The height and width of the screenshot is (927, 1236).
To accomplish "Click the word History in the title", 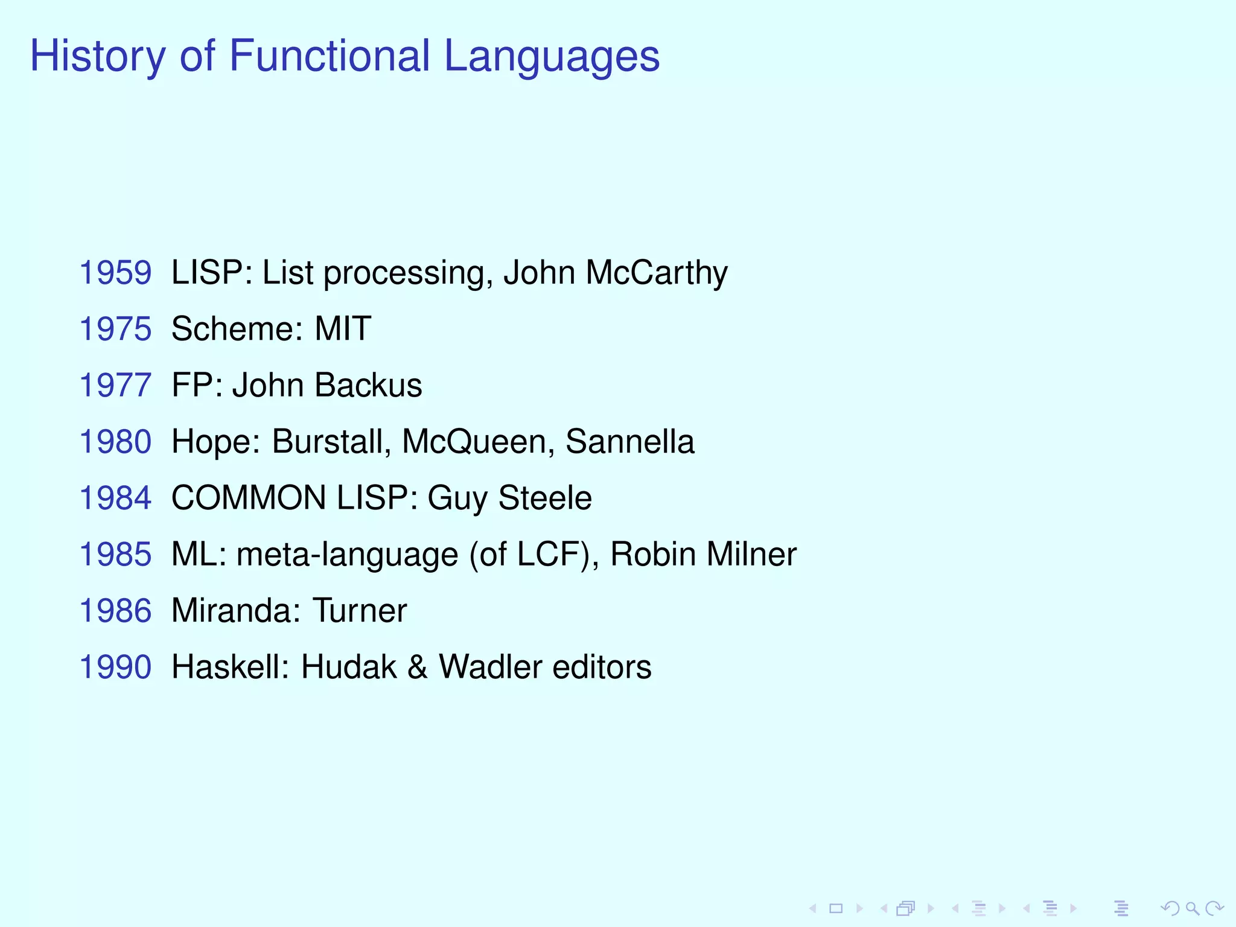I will pyautogui.click(x=97, y=56).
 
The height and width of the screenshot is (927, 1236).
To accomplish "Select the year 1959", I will pyautogui.click(x=115, y=273).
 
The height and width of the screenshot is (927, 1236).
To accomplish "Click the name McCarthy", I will pyautogui.click(x=657, y=273).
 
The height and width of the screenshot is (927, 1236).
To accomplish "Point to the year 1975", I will pyautogui.click(x=115, y=329).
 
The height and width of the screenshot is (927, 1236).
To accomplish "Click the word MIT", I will pyautogui.click(x=342, y=329).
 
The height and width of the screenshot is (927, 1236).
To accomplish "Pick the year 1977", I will pyautogui.click(x=115, y=385).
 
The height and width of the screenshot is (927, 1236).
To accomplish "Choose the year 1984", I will pyautogui.click(x=115, y=498).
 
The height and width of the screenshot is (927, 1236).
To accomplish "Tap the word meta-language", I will pyautogui.click(x=347, y=555).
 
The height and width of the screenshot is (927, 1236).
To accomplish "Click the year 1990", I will pyautogui.click(x=115, y=667).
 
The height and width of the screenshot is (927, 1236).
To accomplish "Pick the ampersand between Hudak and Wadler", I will pyautogui.click(x=418, y=667).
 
